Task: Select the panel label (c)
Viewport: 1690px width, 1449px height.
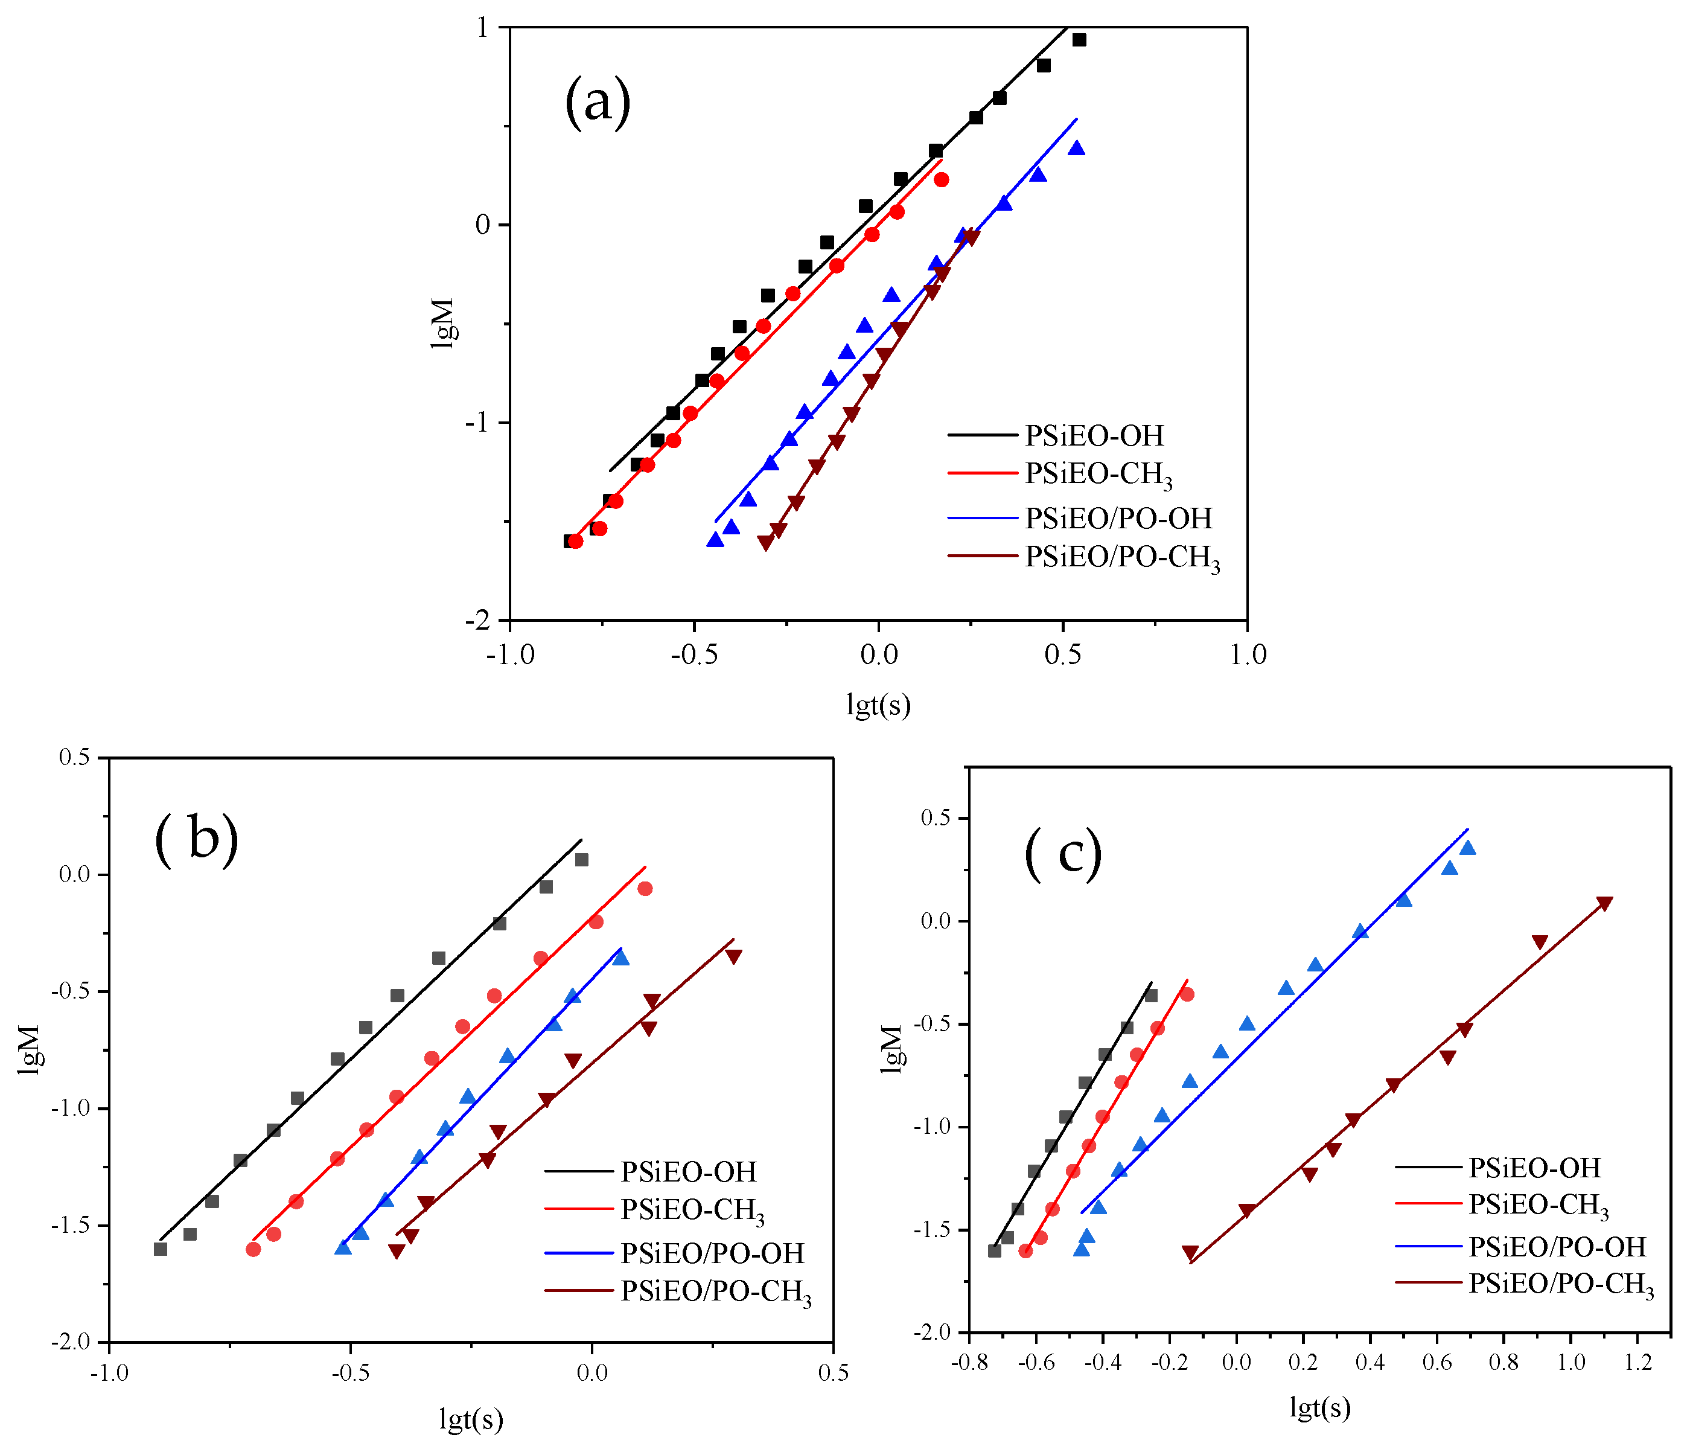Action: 1063,854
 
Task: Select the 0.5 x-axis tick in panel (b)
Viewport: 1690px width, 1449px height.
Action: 833,1373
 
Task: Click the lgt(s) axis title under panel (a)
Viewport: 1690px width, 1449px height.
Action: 878,704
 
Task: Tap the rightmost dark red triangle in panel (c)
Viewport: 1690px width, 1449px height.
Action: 1604,904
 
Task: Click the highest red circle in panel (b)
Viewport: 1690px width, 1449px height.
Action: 645,889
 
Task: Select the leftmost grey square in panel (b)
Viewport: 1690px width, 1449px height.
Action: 161,1249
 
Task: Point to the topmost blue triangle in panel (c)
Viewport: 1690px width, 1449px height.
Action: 1467,848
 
